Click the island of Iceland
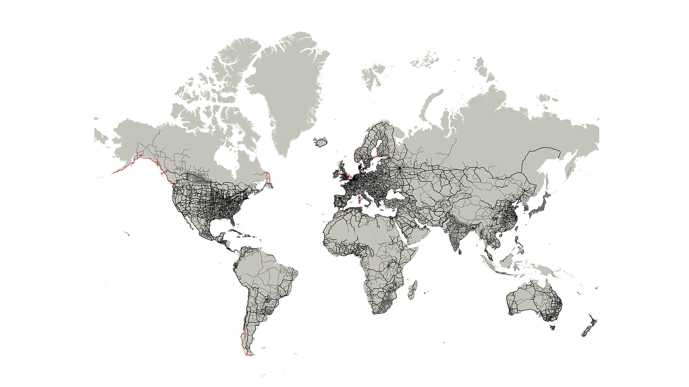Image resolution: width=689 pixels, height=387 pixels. [321, 141]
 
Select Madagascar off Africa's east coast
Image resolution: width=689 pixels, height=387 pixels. [412, 291]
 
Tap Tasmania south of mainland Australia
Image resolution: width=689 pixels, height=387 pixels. [552, 327]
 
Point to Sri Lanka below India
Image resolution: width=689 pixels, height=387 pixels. [460, 251]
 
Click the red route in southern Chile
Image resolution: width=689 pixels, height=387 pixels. [243, 340]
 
